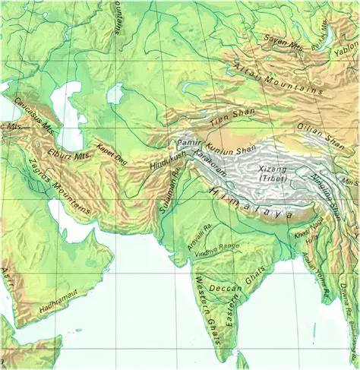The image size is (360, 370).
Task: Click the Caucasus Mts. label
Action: [30, 111]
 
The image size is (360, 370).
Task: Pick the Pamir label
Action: [186, 143]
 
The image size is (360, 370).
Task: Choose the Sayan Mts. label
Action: [283, 42]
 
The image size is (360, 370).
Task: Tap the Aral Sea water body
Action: [115, 94]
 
